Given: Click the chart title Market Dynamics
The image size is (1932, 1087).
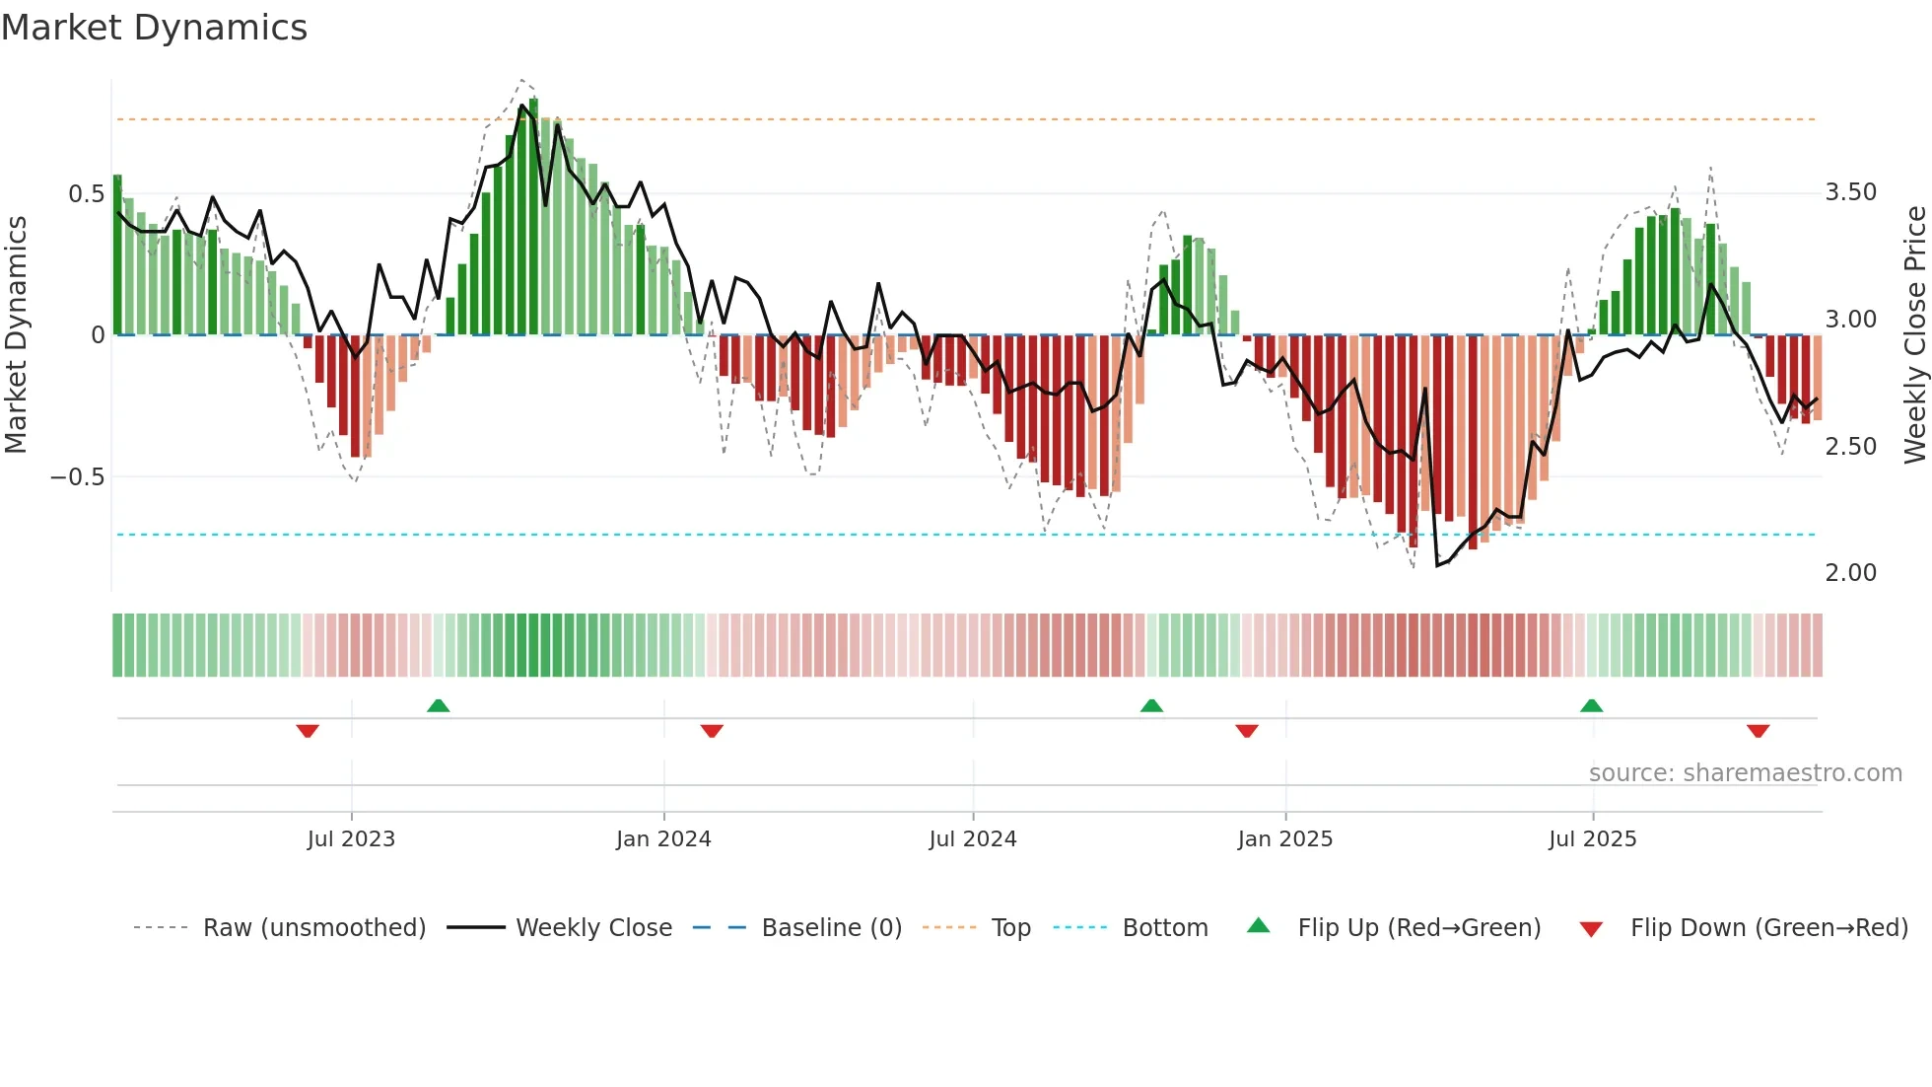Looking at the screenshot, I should pos(154,28).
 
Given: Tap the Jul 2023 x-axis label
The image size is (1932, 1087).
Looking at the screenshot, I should pos(351,839).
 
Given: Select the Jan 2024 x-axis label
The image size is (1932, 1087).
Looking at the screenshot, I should pos(663,839).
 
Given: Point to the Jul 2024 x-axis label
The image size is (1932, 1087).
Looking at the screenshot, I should pos(972,839).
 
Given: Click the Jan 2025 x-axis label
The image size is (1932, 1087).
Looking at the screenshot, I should pos(1284,839).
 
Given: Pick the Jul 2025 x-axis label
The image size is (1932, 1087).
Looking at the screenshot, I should pos(1592,839).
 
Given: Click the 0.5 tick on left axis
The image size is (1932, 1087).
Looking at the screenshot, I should pos(86,194).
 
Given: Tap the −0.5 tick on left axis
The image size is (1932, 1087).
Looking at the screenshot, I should pos(77,477).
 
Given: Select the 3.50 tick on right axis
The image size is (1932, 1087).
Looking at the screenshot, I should pos(1850,192).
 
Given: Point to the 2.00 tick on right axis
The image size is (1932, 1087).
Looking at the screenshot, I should pos(1850,573).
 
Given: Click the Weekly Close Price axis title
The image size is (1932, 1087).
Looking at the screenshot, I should pos(1914,334).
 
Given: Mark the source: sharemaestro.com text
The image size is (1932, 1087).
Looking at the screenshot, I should pos(1745,773).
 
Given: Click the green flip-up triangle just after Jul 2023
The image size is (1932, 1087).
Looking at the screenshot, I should pos(439,705).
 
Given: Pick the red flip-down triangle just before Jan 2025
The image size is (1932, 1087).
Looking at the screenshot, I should pos(1247,731).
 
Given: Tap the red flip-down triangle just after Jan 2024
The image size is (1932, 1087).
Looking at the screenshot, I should pos(712,731).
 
